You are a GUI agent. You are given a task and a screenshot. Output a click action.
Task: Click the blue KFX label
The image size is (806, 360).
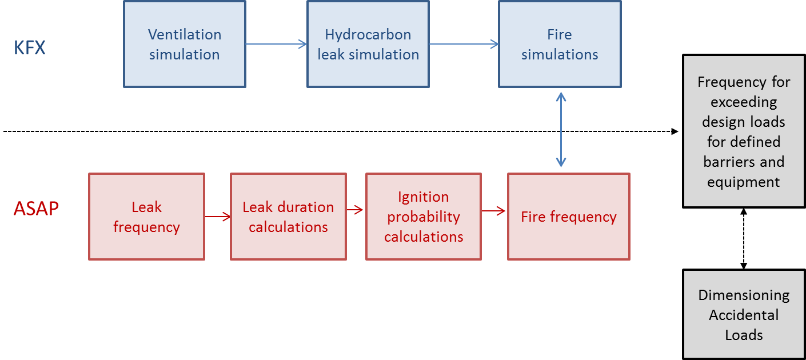click(29, 47)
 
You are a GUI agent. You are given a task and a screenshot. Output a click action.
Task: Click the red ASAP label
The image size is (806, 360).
click(36, 209)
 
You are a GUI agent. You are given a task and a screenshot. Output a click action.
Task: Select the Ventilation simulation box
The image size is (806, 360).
click(185, 44)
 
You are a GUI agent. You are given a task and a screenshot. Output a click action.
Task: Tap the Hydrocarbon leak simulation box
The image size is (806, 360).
click(368, 44)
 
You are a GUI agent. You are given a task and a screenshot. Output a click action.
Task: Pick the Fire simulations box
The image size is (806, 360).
click(560, 44)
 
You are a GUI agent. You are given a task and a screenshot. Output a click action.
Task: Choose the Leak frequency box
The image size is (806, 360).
click(146, 217)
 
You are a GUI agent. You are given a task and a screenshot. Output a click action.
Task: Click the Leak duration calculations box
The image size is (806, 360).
click(288, 217)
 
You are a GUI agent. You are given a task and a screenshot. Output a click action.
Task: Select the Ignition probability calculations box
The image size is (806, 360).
click(424, 217)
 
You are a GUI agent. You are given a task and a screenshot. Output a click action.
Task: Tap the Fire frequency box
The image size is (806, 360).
click(569, 217)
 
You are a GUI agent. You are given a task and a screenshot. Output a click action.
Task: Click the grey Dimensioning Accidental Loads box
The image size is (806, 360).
click(744, 314)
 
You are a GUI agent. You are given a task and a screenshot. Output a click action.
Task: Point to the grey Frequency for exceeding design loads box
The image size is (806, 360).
click(744, 131)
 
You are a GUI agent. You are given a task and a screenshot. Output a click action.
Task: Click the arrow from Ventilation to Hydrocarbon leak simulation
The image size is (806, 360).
click(276, 44)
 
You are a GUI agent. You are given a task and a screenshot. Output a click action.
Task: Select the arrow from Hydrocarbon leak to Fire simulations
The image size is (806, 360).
click(464, 44)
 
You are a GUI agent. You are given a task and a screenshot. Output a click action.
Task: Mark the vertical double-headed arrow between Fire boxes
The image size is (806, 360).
click(561, 130)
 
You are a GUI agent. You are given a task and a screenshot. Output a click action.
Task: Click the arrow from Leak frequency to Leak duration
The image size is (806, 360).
click(218, 217)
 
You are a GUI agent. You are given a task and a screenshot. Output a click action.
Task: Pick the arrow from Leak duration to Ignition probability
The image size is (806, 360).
click(356, 210)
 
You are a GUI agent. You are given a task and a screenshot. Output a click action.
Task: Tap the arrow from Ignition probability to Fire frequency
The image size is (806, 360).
click(494, 211)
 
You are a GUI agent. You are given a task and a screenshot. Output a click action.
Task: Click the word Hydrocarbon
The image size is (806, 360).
click(368, 34)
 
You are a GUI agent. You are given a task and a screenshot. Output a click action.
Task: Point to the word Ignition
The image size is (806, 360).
click(424, 197)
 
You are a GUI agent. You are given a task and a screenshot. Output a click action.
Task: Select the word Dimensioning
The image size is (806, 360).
click(744, 295)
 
